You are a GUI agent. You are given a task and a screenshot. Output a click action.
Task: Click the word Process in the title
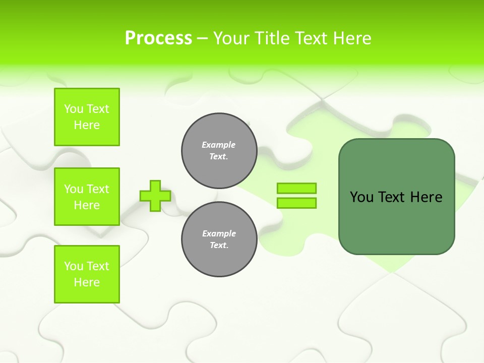(158, 38)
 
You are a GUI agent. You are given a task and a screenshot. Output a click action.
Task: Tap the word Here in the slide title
(351, 38)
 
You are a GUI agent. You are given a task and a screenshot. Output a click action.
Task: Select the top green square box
(87, 117)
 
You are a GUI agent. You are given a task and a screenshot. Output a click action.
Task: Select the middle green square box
(87, 197)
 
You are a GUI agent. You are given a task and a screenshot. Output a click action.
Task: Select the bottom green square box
(87, 274)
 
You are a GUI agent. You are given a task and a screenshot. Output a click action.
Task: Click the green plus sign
(155, 196)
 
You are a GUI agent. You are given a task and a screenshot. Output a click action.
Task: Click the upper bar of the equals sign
(296, 188)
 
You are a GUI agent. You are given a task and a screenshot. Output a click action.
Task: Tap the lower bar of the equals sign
(296, 203)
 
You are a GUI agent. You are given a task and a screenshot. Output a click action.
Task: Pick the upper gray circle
(219, 150)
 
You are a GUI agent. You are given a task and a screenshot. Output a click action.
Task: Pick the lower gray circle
(219, 239)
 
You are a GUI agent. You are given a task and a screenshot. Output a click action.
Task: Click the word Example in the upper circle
(219, 145)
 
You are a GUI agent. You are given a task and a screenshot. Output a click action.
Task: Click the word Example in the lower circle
(219, 233)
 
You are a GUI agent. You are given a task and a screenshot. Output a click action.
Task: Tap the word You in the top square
(73, 109)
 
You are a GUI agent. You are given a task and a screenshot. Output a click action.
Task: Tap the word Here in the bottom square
(87, 282)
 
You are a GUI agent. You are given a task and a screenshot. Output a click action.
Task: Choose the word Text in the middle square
(97, 189)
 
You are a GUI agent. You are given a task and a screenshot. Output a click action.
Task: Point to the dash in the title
(202, 39)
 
